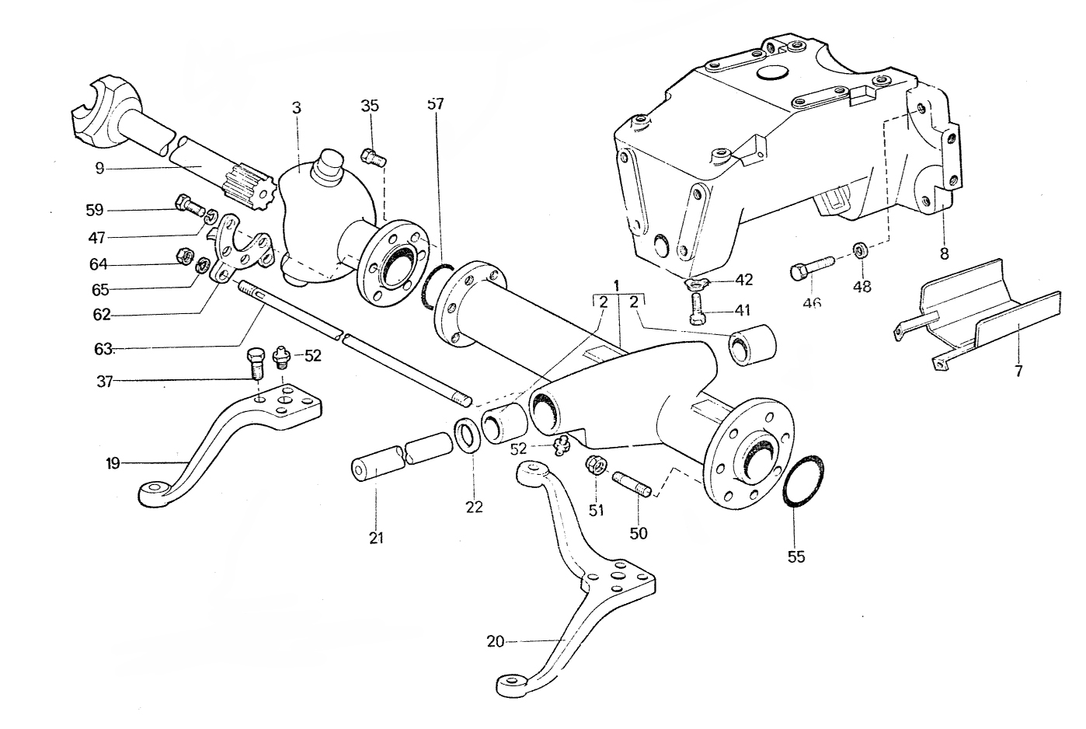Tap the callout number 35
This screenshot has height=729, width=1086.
pos(370,106)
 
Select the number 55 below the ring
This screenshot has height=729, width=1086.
pos(796,556)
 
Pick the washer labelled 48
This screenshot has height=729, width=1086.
pos(861,251)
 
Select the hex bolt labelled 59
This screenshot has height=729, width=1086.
pos(190,205)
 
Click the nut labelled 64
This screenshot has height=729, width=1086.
pos(185,254)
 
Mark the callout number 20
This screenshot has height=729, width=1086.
pos(496,641)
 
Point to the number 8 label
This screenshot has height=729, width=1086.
pos(943,253)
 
